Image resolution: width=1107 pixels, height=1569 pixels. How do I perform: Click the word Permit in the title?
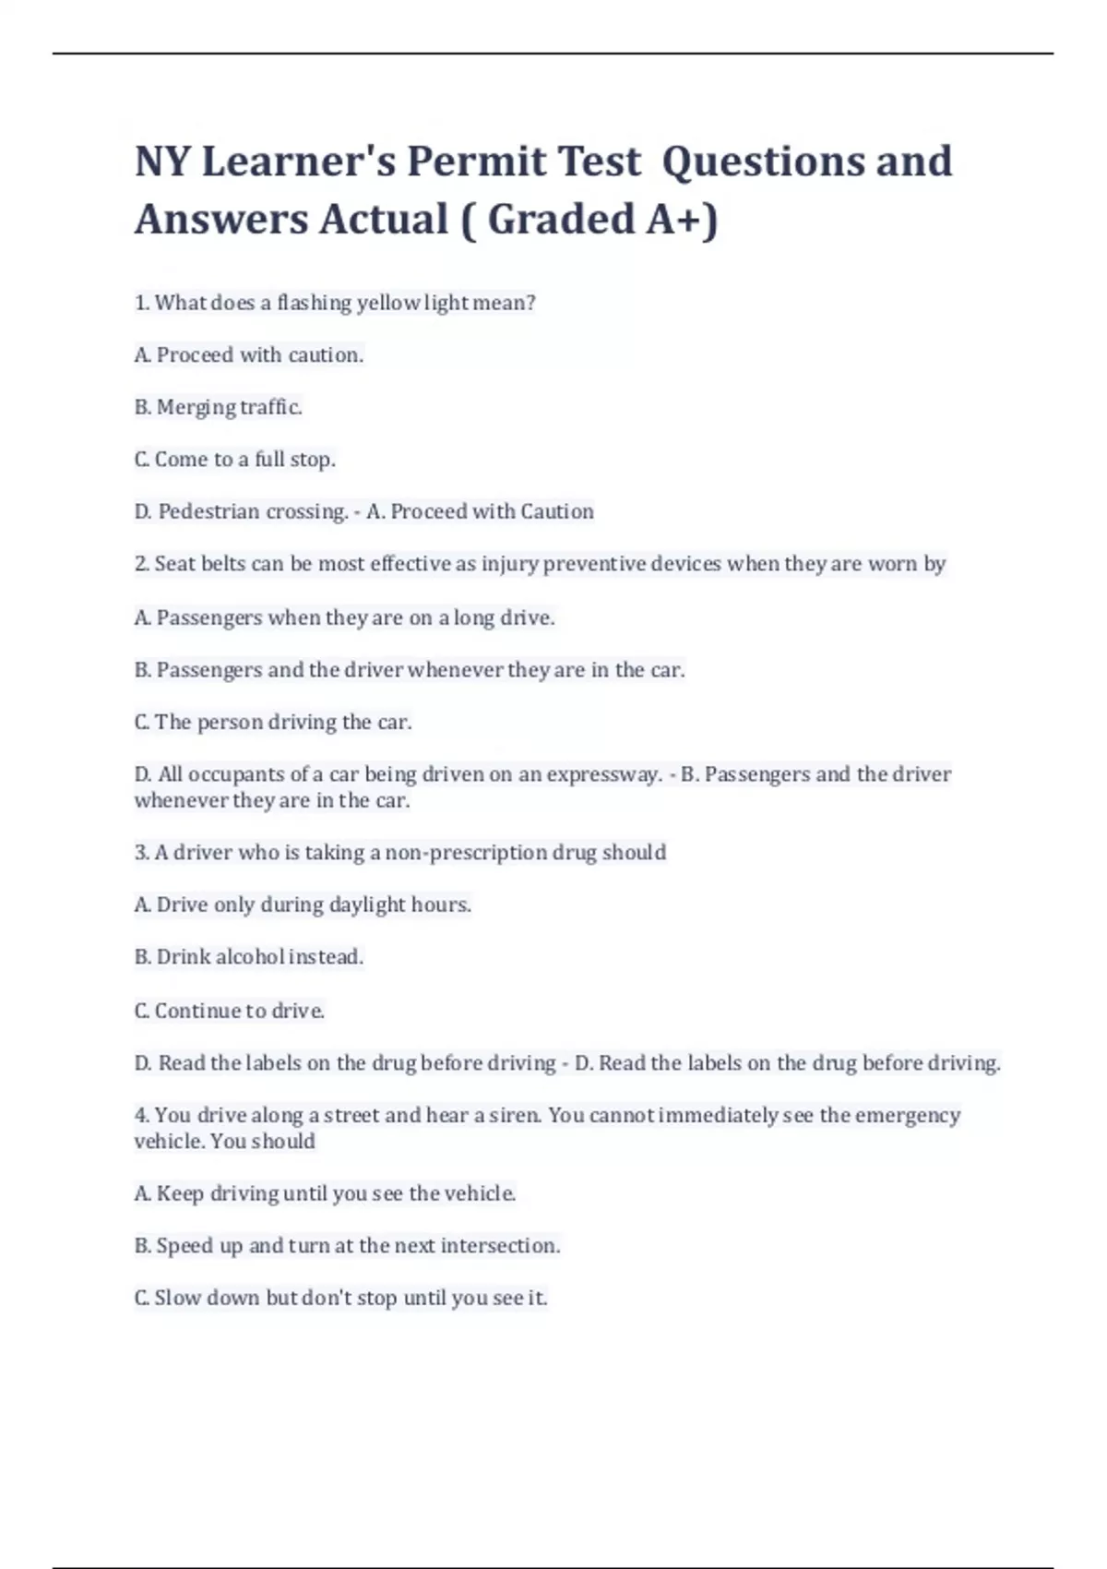[476, 162]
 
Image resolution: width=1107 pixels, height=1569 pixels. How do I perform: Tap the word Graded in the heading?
[560, 220]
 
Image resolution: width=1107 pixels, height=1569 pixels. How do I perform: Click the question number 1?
[141, 303]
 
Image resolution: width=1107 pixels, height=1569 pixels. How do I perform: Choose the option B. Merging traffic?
[219, 407]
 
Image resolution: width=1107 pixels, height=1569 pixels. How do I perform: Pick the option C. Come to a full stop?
[235, 460]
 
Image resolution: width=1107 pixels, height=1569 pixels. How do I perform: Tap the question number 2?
[141, 564]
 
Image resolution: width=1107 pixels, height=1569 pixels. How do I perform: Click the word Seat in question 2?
[173, 564]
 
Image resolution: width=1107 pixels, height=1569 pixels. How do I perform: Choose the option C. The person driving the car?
[273, 722]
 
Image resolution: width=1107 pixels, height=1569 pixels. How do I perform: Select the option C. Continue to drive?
[230, 1011]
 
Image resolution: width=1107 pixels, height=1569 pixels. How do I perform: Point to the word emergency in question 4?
[908, 1115]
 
